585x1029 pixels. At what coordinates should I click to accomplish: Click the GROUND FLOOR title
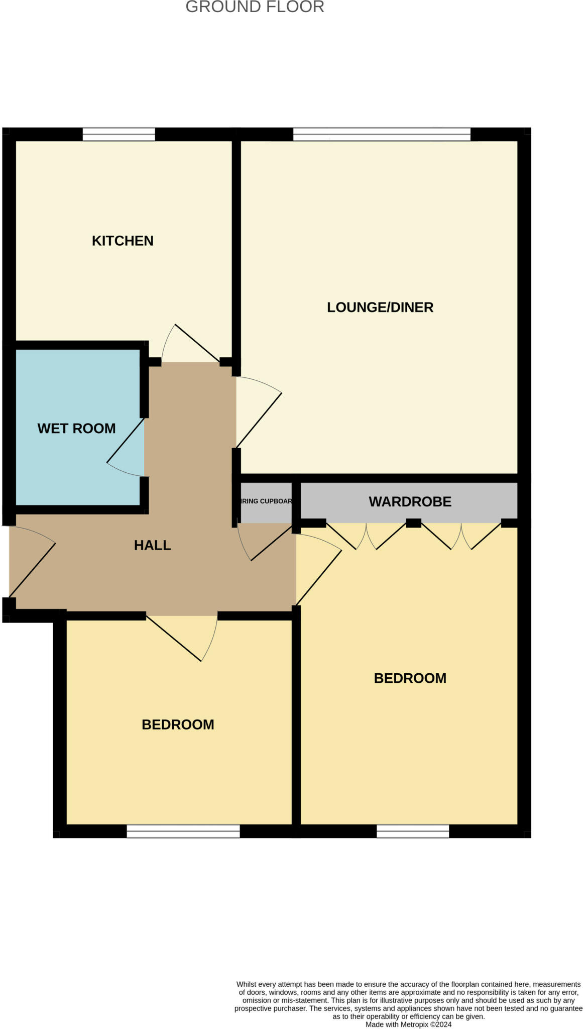click(x=255, y=7)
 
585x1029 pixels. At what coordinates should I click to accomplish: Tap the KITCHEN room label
click(x=123, y=241)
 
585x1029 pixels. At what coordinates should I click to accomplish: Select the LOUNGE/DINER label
click(x=380, y=307)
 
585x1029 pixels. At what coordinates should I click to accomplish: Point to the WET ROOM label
click(x=76, y=428)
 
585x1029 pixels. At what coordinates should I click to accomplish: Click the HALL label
click(x=152, y=545)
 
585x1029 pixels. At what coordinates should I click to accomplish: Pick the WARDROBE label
click(x=410, y=501)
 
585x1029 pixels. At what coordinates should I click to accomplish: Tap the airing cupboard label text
click(x=266, y=501)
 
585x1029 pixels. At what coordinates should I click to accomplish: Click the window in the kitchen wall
click(x=119, y=134)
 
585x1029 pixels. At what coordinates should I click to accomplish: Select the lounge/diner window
click(x=382, y=134)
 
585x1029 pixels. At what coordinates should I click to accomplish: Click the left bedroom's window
click(x=183, y=832)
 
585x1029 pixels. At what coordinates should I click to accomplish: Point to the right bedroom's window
click(x=413, y=832)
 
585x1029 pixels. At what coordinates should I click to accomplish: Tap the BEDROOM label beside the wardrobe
click(x=410, y=678)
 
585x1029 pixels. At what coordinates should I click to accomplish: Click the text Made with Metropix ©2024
click(x=408, y=1024)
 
